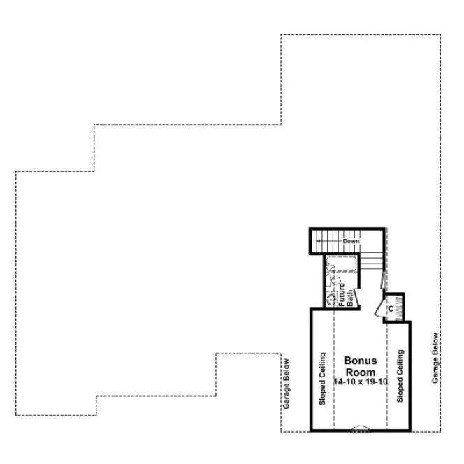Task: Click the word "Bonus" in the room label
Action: tap(361, 361)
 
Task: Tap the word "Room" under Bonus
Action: tap(361, 372)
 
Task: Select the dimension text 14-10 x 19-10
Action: tap(361, 382)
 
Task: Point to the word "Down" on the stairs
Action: tap(351, 241)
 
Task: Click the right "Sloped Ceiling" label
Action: tap(400, 377)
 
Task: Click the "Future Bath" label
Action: tap(346, 293)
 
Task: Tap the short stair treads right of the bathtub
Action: tap(372, 263)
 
